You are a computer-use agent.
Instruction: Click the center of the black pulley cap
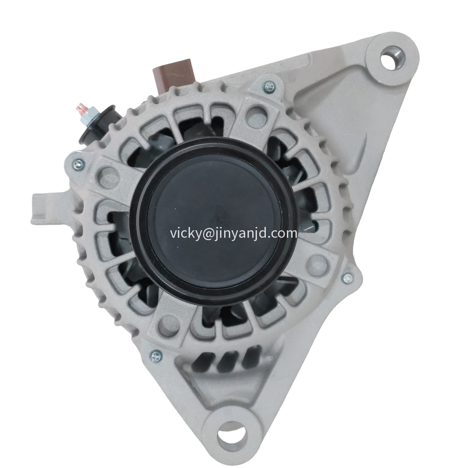pos(214,220)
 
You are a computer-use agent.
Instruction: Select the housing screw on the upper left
pos(79,163)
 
